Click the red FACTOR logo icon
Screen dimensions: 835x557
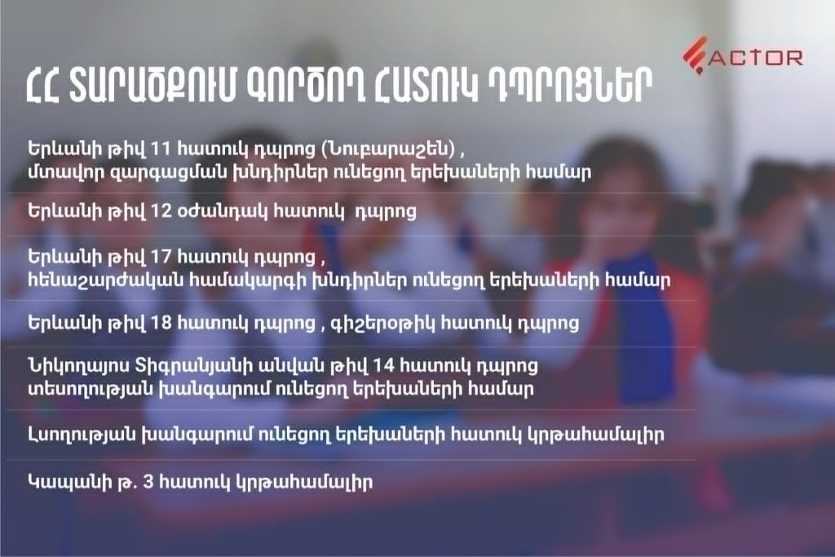pos(695,55)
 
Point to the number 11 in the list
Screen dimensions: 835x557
pos(161,148)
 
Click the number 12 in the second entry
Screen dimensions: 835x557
pos(162,211)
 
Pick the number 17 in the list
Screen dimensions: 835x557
pos(162,257)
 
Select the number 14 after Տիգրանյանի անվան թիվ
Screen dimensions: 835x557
pos(383,366)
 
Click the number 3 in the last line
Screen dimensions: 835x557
pos(148,483)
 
